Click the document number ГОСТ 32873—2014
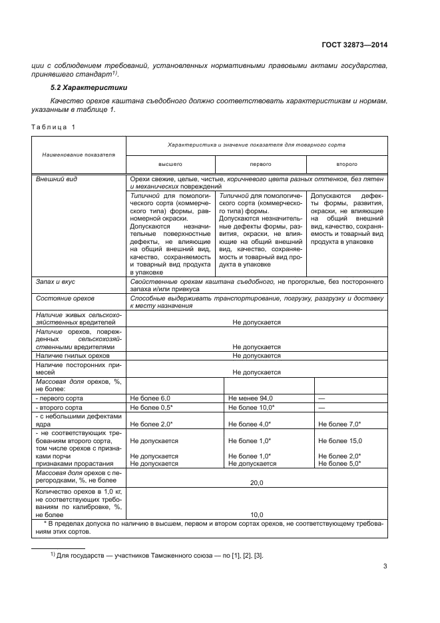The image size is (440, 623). tap(355, 45)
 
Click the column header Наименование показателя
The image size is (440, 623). tap(79, 154)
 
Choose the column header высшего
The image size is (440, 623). tap(170, 163)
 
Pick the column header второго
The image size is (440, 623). tap(346, 163)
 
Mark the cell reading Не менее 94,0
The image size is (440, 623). tap(250, 398)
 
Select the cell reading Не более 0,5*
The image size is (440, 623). tap(152, 406)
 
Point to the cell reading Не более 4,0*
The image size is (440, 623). tap(250, 424)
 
